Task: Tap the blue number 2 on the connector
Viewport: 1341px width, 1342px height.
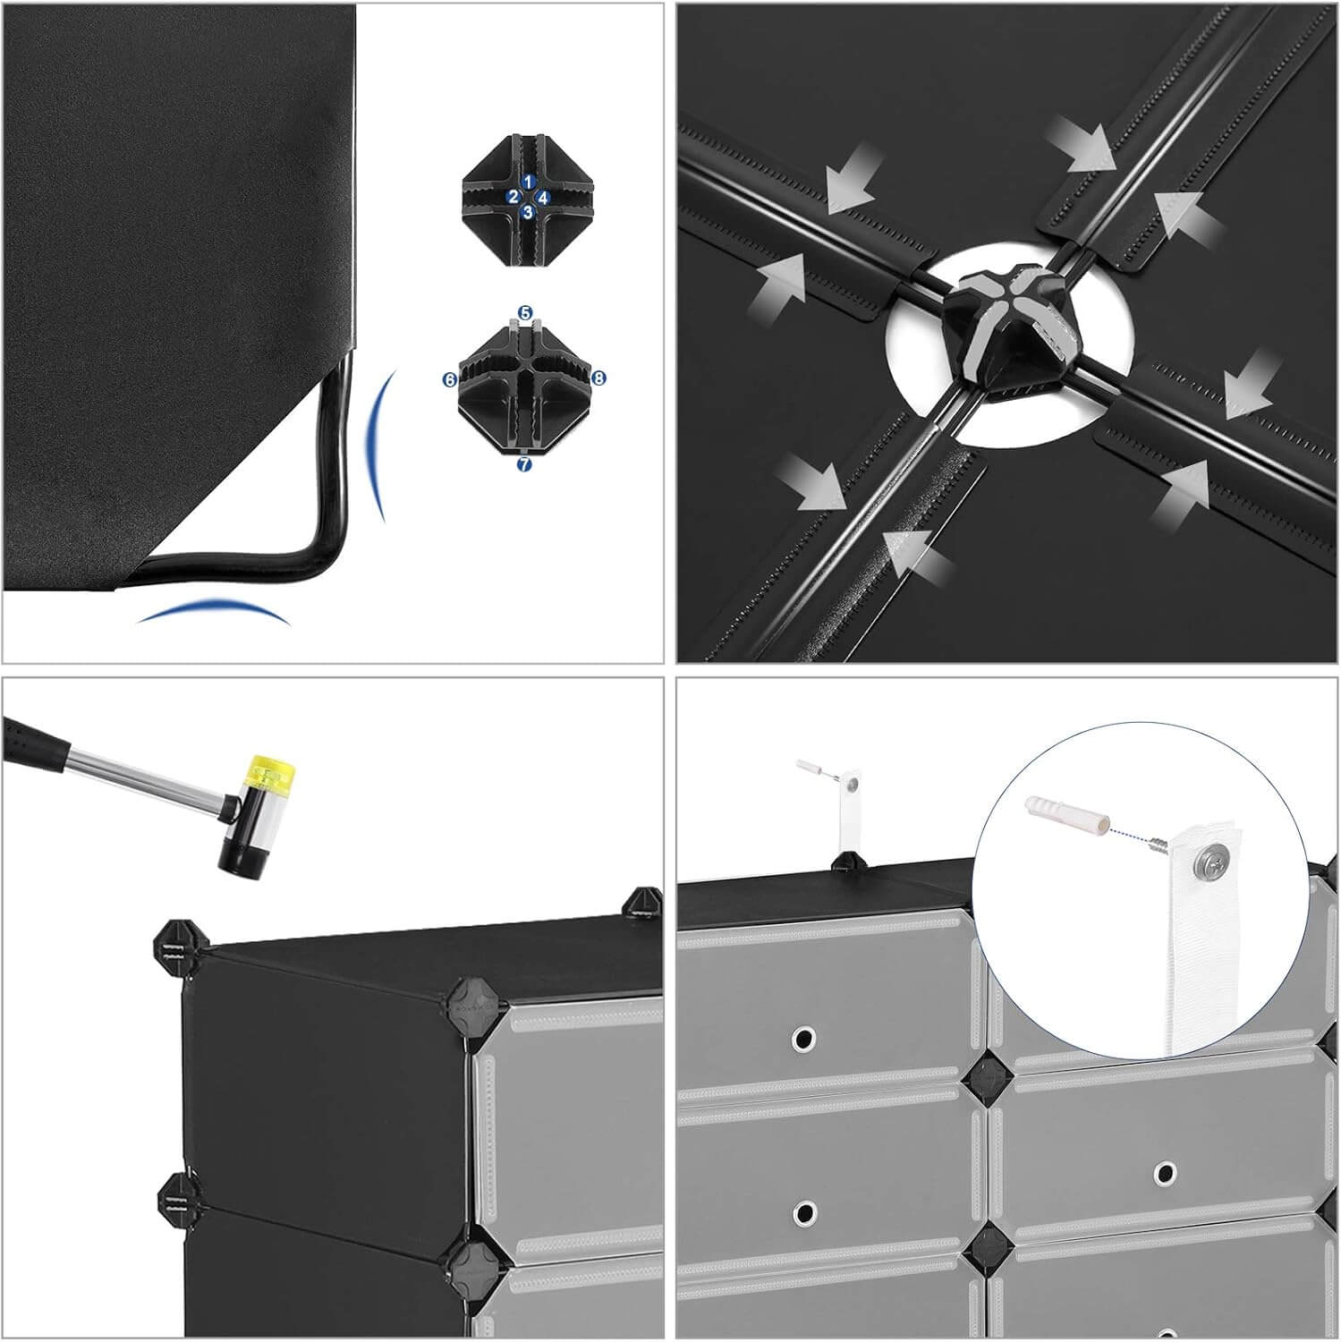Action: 513,197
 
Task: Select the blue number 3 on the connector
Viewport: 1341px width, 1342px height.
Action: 528,213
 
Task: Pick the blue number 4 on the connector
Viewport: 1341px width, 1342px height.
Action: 544,196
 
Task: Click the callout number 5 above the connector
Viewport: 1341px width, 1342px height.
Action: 525,314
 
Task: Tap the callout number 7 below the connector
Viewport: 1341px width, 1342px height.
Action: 524,464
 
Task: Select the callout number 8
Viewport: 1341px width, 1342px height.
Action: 598,378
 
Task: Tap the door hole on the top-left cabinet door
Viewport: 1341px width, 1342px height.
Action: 802,1038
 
